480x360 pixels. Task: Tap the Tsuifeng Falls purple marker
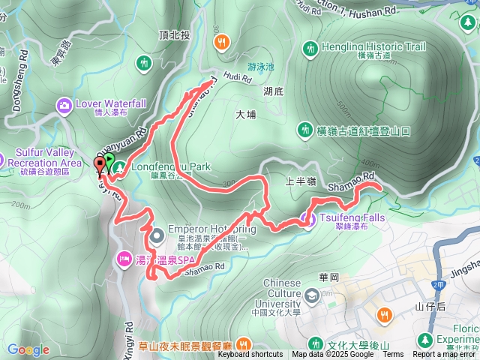tap(306, 219)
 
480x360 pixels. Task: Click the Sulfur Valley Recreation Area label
tap(44, 157)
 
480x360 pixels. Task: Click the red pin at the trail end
tap(100, 166)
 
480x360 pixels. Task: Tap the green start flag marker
tap(109, 161)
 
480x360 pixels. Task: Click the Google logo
tap(28, 349)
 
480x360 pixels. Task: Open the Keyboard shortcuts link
tap(250, 355)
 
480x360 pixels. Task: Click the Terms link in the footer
tap(393, 355)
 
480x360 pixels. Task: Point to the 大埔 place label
tap(245, 115)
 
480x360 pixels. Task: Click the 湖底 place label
tap(274, 91)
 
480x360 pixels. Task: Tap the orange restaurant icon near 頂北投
tap(220, 43)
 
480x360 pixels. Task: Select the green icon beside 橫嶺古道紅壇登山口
tap(304, 130)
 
